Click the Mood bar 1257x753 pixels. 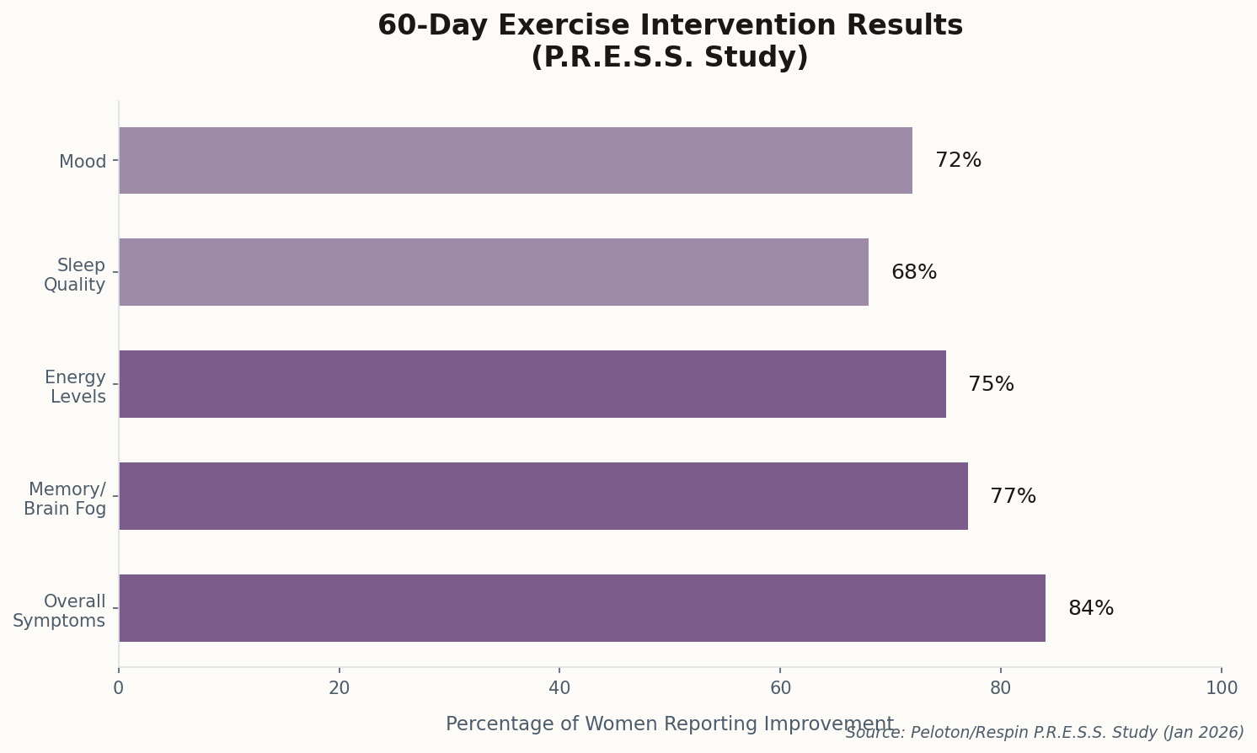[515, 161]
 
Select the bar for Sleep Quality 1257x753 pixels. [493, 272]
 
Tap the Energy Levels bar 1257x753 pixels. [532, 384]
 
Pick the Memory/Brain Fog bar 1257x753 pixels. [543, 496]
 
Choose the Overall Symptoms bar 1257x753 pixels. [581, 608]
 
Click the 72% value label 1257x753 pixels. [958, 161]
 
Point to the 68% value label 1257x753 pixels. [913, 273]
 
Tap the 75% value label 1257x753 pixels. [991, 385]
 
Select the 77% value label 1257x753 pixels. [1013, 497]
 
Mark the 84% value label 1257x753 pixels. [1090, 609]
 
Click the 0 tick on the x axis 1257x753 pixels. [119, 688]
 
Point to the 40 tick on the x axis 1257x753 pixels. [559, 688]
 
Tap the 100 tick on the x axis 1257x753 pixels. [1221, 688]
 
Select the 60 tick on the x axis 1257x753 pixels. [780, 688]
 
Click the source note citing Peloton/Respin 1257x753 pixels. [1044, 733]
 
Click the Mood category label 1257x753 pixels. [83, 162]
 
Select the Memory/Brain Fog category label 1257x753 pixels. [65, 499]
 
